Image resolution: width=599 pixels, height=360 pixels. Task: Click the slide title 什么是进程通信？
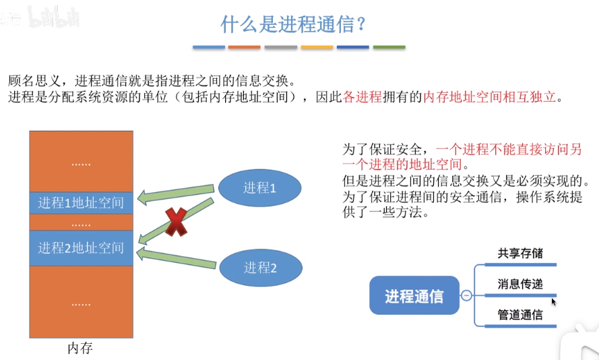click(x=293, y=24)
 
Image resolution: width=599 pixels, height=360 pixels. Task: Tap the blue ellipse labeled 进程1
click(x=260, y=188)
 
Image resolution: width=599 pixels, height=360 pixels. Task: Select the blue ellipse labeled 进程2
click(x=260, y=268)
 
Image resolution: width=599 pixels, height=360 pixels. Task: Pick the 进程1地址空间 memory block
click(x=81, y=202)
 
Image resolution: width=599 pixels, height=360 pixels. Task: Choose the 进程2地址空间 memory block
click(x=81, y=247)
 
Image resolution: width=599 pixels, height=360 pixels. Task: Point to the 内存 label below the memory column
click(x=80, y=348)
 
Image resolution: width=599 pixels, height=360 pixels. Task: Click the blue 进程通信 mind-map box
click(x=414, y=295)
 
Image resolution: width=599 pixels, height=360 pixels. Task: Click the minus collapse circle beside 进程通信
click(x=466, y=295)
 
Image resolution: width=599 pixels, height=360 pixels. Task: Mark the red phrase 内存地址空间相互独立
click(x=491, y=97)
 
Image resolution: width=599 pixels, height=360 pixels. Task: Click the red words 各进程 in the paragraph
click(x=362, y=97)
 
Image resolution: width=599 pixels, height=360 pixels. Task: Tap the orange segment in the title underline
click(x=244, y=47)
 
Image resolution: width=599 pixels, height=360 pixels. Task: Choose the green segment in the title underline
click(x=389, y=47)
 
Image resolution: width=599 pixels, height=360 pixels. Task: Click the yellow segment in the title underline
click(x=317, y=47)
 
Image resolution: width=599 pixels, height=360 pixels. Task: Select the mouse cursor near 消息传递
click(x=554, y=301)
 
